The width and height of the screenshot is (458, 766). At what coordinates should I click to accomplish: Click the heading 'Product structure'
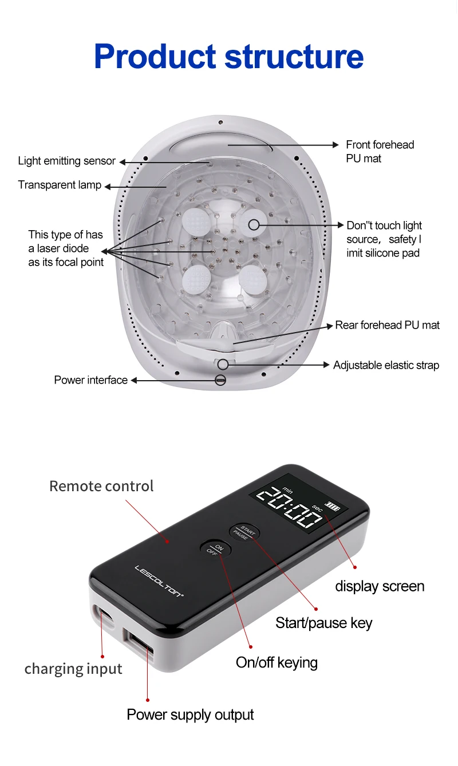(x=228, y=56)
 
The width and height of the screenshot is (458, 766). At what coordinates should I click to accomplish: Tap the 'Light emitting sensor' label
(x=66, y=161)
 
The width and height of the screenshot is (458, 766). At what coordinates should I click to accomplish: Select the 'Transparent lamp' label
(x=60, y=185)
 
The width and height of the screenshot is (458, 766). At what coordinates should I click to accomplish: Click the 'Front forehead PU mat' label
(x=380, y=152)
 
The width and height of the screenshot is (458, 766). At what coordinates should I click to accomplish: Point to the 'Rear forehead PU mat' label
(x=387, y=325)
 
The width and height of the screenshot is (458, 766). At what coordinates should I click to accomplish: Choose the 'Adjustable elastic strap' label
(x=386, y=365)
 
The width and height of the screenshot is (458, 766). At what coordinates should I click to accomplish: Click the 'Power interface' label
(x=90, y=380)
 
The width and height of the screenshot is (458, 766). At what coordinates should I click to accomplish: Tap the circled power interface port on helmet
(x=220, y=380)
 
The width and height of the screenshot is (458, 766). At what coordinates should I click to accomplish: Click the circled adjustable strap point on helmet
(x=223, y=364)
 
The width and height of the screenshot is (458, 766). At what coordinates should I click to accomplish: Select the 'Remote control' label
(x=101, y=486)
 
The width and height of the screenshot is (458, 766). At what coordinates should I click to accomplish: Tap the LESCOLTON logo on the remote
(x=159, y=582)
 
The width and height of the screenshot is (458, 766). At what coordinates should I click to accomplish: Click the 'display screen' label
(x=380, y=586)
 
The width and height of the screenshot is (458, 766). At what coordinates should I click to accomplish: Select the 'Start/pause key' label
(x=323, y=623)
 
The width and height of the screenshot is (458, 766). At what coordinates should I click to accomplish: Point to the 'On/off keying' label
(x=277, y=662)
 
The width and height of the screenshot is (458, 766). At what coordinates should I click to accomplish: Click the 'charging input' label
(x=73, y=669)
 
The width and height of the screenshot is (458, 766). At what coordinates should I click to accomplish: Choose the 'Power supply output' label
(x=190, y=714)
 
